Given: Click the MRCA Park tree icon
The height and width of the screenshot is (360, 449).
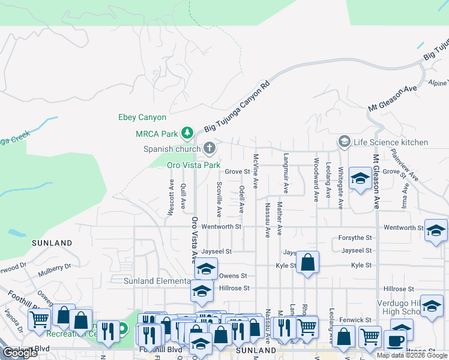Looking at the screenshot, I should click(187, 133).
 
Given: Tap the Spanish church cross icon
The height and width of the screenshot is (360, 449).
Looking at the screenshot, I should click(209, 148).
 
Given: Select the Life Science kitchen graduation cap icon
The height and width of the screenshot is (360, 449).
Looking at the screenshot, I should click(345, 142).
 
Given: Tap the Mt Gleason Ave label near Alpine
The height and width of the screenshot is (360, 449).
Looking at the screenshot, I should click(393, 97).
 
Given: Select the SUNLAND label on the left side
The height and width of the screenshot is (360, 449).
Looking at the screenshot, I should click(52, 243).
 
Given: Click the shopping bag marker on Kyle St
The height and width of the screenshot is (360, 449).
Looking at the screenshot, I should click(307, 262).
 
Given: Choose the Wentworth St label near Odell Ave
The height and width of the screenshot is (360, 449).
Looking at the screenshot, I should click(221, 227).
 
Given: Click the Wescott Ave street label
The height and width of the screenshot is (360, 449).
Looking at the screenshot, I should click(171, 197).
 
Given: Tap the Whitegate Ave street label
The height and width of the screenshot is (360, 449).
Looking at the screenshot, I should click(340, 188).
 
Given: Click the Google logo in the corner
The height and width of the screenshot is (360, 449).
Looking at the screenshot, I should click(20, 353).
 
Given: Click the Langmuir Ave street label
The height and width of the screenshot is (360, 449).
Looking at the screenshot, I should click(286, 175).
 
